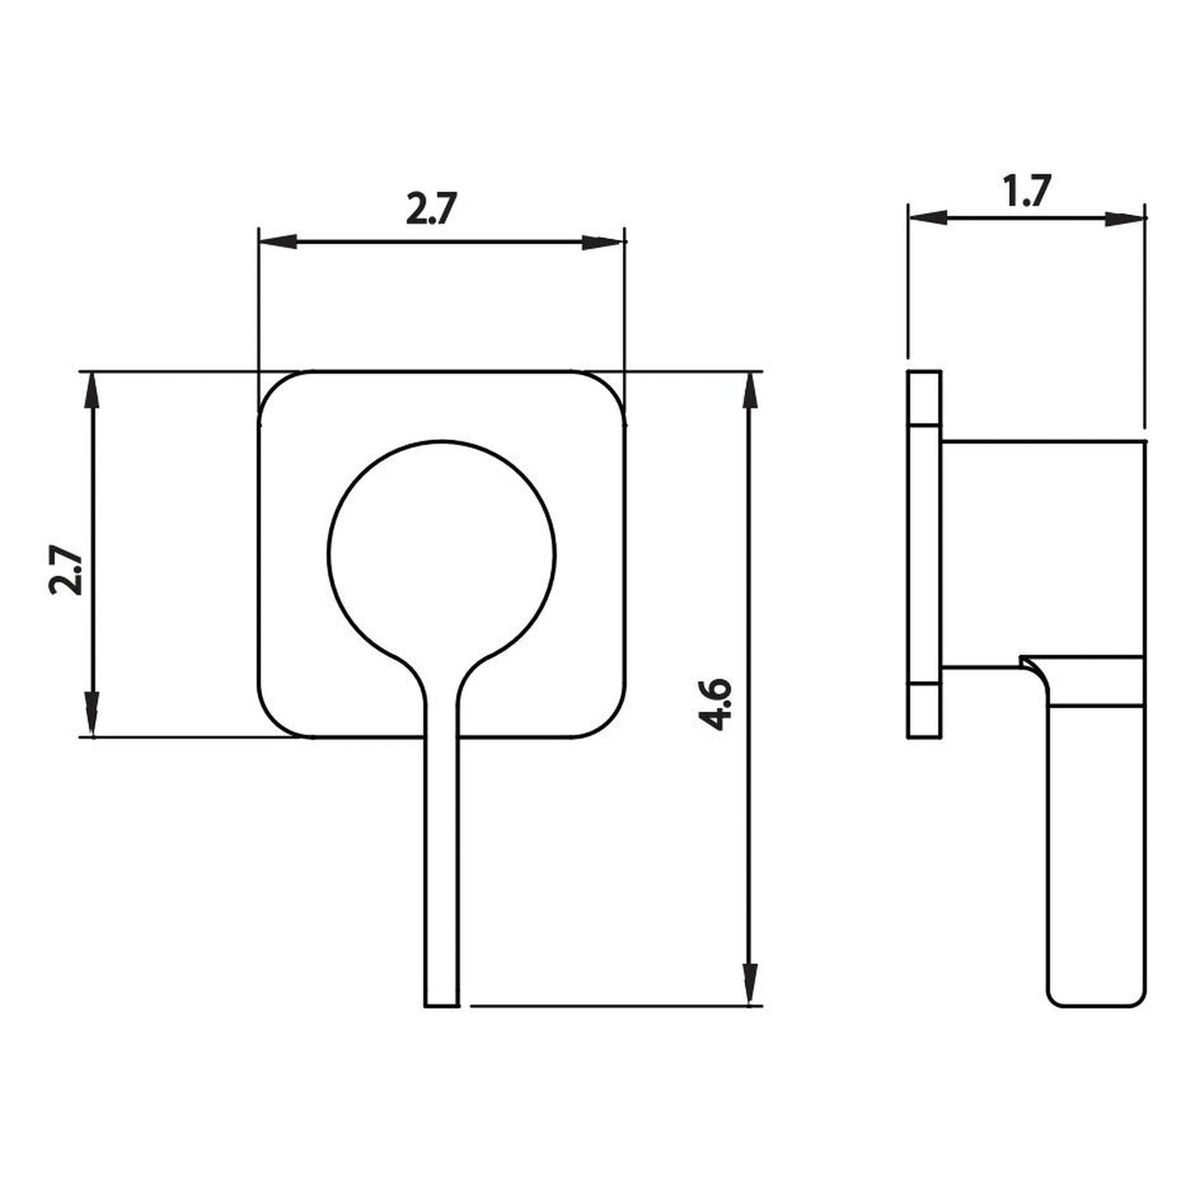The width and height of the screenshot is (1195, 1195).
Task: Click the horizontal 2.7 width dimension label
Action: pyautogui.click(x=431, y=210)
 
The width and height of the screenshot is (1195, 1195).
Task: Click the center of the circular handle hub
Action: pyautogui.click(x=442, y=553)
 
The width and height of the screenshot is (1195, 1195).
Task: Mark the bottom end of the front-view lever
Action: pyautogui.click(x=442, y=1004)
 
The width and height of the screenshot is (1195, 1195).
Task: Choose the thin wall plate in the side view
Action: pyautogui.click(x=924, y=554)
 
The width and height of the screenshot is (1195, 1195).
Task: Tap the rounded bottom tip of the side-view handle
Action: pyautogui.click(x=1097, y=1001)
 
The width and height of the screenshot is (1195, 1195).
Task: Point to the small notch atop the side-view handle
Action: pyautogui.click(x=1030, y=662)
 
